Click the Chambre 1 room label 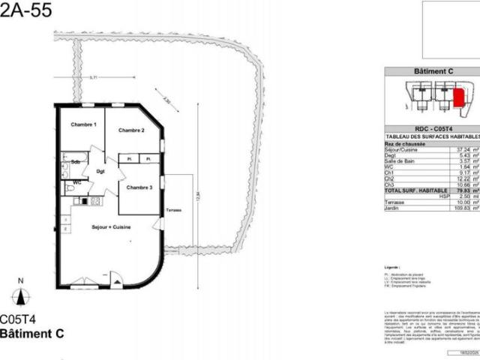83,124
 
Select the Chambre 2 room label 131,130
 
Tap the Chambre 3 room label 139,187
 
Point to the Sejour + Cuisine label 111,226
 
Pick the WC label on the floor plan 76,182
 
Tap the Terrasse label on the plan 175,210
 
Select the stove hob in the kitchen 95,201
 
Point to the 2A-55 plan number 25,20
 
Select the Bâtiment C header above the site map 434,71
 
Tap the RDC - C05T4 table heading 434,127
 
